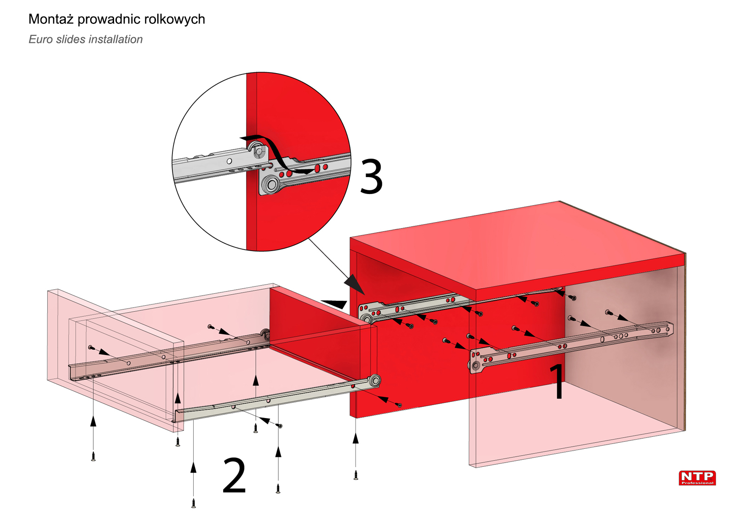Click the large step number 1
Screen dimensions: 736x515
[x=558, y=381]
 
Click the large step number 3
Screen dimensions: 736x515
[x=371, y=176]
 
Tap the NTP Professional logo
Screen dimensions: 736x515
[x=697, y=478]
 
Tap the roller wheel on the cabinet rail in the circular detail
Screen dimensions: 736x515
[x=270, y=185]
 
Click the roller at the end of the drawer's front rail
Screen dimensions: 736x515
[x=375, y=381]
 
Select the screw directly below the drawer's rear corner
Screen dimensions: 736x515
[x=356, y=475]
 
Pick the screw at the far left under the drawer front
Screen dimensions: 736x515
[x=93, y=456]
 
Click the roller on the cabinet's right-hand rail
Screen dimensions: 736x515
[x=476, y=366]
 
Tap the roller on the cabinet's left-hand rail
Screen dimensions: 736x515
[x=367, y=319]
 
